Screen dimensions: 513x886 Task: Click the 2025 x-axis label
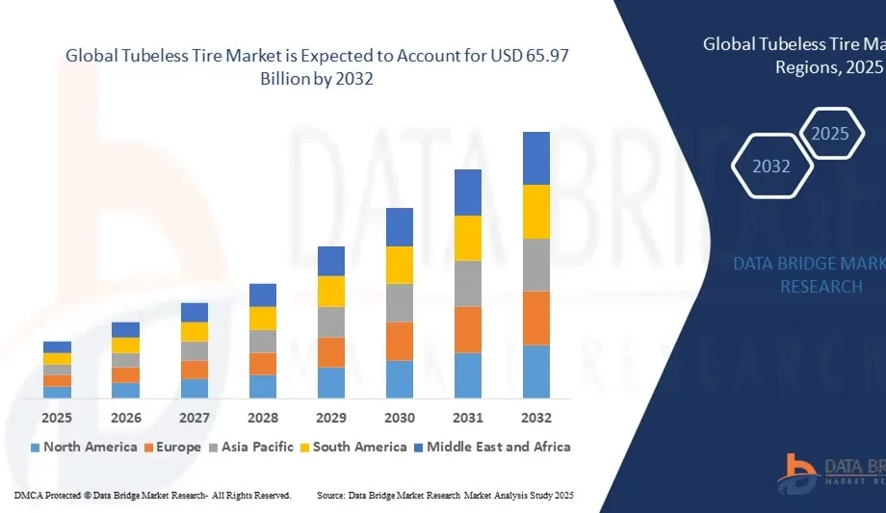(57, 418)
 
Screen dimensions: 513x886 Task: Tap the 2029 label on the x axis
(331, 418)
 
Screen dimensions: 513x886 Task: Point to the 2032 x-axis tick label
(536, 418)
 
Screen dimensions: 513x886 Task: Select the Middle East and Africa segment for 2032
(536, 158)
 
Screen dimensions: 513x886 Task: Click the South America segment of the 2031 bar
(468, 238)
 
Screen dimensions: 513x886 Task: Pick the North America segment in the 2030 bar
(400, 379)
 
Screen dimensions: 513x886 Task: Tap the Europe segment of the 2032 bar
(536, 318)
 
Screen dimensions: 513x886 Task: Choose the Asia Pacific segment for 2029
(331, 321)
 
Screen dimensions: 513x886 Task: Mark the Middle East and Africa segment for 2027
(195, 312)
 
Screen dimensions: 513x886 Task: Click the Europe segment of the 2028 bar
(263, 364)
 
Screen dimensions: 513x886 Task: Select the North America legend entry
(84, 447)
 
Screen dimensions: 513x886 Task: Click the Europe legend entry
(172, 447)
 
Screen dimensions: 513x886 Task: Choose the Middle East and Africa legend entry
(491, 447)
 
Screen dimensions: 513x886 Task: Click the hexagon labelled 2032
(771, 167)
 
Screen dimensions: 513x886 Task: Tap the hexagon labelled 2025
(830, 134)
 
